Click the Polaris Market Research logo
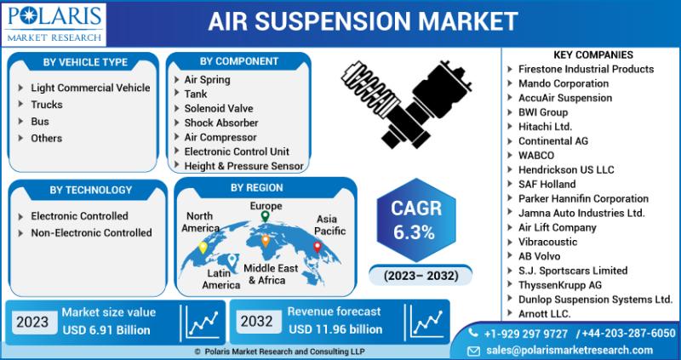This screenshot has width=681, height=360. point(54,25)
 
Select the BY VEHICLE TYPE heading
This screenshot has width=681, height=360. point(85,62)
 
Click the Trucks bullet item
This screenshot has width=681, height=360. point(47,105)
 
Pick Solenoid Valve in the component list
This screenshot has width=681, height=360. point(219,109)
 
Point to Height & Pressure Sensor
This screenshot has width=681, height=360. point(243,166)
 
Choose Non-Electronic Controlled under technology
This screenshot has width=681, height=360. point(91,232)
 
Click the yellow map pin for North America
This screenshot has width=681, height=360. point(203,248)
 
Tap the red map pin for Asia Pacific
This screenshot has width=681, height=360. point(318,247)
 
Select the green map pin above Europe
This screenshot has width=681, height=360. point(265,216)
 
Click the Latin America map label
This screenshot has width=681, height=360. point(221,279)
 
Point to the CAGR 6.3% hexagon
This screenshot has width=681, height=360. point(416,220)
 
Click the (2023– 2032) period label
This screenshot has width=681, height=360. point(421,276)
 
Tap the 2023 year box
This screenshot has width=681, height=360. point(32,322)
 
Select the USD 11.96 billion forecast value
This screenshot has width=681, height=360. point(335,329)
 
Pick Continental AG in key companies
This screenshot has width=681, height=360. point(552,141)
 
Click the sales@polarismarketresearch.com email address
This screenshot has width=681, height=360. point(569,350)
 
